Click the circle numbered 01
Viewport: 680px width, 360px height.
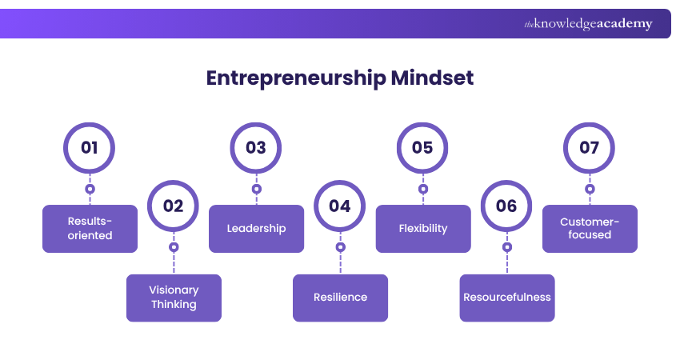coord(90,148)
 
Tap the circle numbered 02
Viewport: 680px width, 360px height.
coord(174,206)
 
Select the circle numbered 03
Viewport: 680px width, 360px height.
coord(256,148)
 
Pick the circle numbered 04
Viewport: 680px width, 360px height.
coord(340,206)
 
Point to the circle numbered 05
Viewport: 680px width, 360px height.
coord(422,148)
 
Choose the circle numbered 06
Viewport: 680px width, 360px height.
coord(506,206)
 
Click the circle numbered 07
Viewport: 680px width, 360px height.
coord(590,148)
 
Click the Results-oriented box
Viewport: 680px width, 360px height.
coord(90,229)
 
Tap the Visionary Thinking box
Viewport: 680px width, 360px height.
coord(174,298)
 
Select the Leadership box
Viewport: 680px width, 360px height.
coord(256,229)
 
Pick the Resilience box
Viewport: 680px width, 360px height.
coord(340,298)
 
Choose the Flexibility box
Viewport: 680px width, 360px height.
coord(422,229)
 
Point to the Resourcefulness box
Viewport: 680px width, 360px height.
coord(506,298)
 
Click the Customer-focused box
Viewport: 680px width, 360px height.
coord(590,229)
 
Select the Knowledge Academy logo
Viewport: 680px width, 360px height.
coord(588,24)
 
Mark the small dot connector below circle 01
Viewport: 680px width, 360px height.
coord(90,190)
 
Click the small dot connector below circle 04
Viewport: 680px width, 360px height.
coord(340,247)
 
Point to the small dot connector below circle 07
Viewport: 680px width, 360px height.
coord(590,190)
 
